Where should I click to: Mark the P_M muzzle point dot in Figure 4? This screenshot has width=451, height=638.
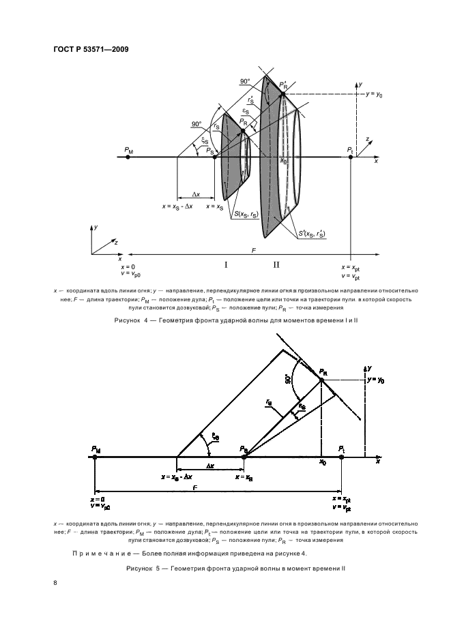coord(128,157)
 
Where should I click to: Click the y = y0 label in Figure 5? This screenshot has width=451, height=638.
coord(377,379)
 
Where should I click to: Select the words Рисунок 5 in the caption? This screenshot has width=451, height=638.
coord(144,568)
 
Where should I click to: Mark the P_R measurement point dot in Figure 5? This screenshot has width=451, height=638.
coord(321,380)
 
